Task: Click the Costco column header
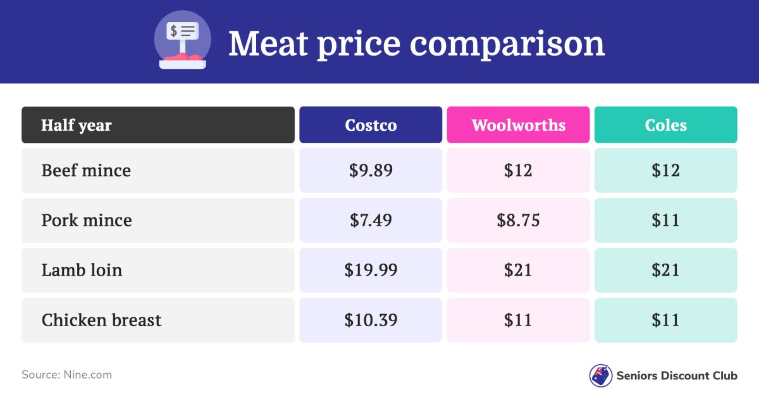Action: (x=371, y=125)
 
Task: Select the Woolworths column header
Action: (x=518, y=125)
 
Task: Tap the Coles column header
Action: (x=665, y=125)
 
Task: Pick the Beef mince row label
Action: (x=86, y=171)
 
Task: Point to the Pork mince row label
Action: (x=87, y=221)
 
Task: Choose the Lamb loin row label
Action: (x=82, y=271)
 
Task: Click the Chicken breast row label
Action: (x=101, y=320)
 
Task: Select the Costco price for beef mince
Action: (x=371, y=171)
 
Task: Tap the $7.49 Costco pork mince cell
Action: (x=371, y=221)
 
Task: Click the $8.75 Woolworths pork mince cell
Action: (x=518, y=221)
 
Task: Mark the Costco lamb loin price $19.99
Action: (x=371, y=271)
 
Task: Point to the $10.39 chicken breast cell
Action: (x=371, y=320)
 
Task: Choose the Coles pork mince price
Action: (x=665, y=221)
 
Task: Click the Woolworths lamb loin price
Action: (x=518, y=271)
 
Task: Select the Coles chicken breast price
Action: (x=665, y=320)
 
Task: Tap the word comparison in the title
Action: (x=507, y=44)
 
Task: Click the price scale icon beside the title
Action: (x=182, y=40)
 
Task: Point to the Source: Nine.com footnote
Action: (x=66, y=375)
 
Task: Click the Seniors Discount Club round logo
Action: (x=600, y=375)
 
